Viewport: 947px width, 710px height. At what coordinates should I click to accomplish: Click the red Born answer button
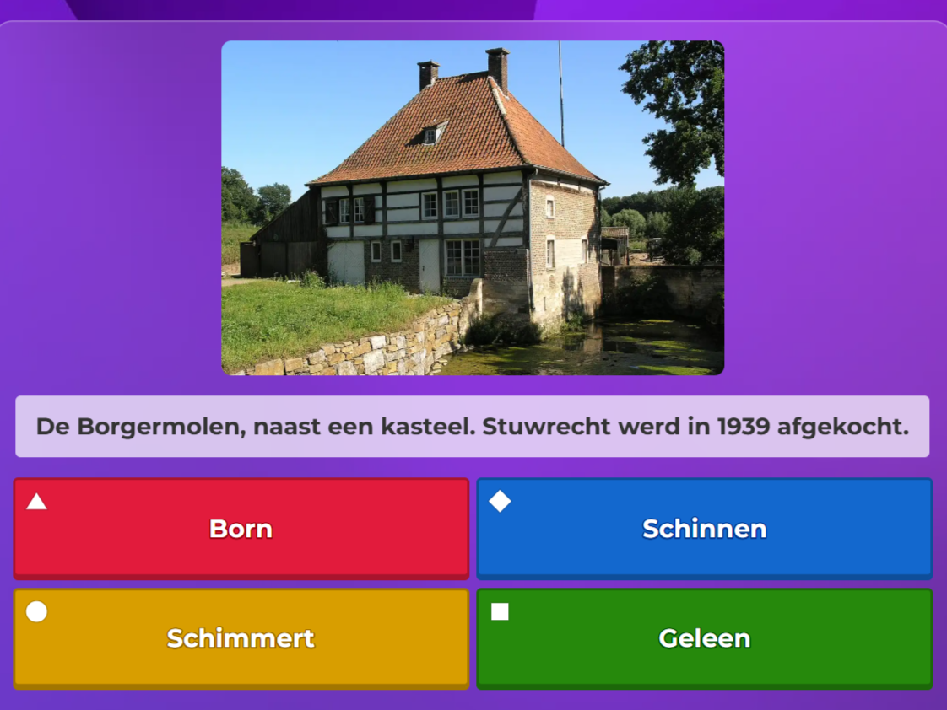241,529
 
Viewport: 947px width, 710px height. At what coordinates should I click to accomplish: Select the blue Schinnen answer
704,529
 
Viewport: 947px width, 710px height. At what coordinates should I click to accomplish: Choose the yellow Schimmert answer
241,638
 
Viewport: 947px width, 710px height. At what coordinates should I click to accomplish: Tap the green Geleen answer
704,638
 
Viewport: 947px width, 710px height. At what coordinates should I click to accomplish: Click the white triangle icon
36,503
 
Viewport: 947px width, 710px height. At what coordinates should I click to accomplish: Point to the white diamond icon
500,502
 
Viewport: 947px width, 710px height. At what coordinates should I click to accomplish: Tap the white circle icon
36,611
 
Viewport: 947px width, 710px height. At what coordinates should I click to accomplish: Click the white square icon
500,611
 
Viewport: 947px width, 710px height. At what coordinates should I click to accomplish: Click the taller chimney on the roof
497,68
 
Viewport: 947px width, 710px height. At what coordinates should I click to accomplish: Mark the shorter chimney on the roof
428,75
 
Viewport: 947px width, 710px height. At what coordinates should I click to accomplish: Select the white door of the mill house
430,265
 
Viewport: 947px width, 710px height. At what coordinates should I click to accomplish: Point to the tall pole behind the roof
560,93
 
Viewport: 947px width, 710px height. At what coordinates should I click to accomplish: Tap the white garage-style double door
346,263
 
